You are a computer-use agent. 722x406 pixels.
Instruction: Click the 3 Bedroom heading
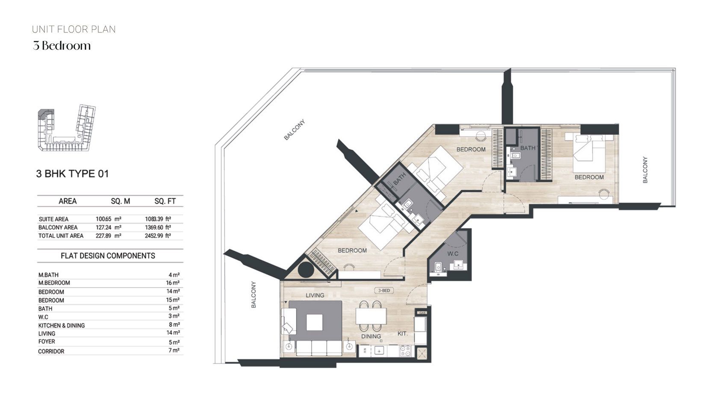click(62, 46)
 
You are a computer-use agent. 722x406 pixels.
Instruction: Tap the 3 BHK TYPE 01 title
click(73, 174)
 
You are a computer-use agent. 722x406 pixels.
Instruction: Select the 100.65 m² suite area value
click(108, 219)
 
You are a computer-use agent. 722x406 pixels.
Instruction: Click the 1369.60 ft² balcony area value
click(158, 227)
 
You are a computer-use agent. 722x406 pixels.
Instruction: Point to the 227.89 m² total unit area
click(108, 235)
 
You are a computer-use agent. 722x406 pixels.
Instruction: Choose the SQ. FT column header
click(165, 201)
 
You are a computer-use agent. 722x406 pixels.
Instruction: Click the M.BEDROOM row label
click(54, 283)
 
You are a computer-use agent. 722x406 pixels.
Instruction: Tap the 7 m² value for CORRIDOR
click(174, 350)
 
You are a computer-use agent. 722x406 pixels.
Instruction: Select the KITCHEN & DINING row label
click(62, 325)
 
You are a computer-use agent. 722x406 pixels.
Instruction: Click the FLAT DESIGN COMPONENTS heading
click(108, 256)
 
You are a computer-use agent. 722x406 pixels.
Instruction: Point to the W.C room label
click(453, 253)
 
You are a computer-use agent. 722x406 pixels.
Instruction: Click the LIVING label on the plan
click(315, 295)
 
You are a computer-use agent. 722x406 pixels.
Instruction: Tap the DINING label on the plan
click(371, 336)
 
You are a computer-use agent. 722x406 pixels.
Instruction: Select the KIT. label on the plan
click(402, 333)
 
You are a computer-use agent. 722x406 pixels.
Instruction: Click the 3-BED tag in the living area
click(383, 291)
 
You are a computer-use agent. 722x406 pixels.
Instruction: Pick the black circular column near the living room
click(306, 270)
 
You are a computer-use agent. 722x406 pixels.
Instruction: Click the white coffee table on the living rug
click(315, 322)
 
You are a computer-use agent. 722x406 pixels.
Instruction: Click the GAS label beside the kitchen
click(422, 313)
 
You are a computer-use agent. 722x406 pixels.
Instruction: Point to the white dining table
click(371, 316)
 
